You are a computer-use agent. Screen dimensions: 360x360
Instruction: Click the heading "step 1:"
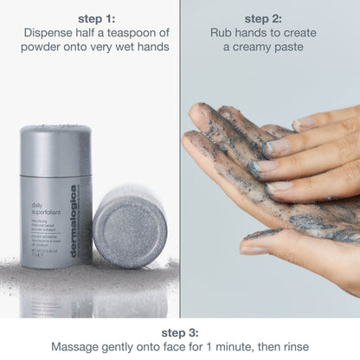90,18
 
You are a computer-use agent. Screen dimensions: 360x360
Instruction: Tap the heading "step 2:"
269,18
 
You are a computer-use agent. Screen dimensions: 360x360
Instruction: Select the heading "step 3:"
179,331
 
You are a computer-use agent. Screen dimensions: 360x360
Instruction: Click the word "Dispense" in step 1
50,33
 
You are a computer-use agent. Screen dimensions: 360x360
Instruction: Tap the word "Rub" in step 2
222,33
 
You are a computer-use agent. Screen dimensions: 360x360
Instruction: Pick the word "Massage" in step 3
78,346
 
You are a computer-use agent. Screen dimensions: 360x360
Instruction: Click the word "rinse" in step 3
291,346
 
